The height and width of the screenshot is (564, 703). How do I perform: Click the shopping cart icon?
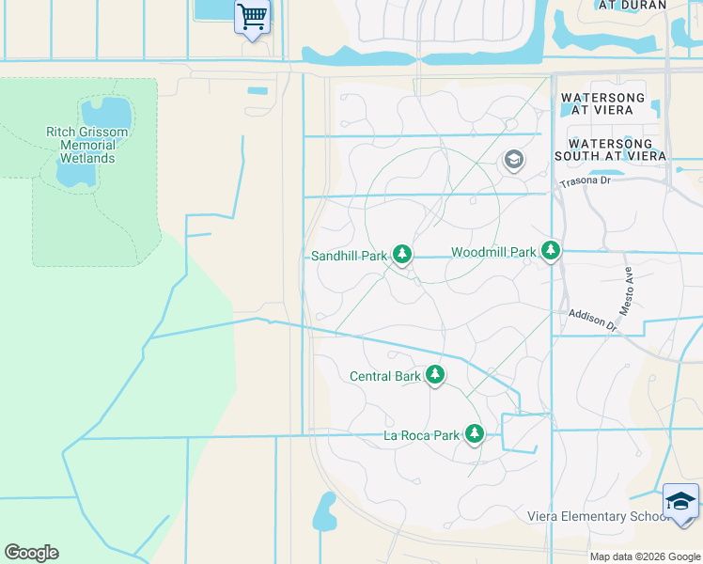[x=252, y=16]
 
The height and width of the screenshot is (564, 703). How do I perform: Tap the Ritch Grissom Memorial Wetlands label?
[x=87, y=146]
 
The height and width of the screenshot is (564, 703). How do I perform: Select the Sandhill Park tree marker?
[x=402, y=255]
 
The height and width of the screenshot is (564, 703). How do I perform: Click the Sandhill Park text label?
[x=349, y=256]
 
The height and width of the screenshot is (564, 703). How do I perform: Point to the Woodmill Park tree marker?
[x=551, y=251]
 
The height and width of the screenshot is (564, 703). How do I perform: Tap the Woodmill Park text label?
[x=493, y=252]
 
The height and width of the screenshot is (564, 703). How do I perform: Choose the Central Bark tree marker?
[x=434, y=375]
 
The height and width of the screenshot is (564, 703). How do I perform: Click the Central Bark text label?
[x=385, y=376]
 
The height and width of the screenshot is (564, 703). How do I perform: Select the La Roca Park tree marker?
[x=475, y=434]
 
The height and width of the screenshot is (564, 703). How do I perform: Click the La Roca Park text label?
[x=422, y=435]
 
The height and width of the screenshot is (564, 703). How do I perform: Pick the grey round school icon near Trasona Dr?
[x=512, y=160]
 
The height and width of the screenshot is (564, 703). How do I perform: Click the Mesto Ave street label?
[x=628, y=290]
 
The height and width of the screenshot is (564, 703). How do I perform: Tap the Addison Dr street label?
[x=591, y=319]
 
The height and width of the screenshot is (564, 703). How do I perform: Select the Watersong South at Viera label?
[x=610, y=149]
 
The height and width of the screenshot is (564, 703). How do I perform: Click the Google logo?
[x=31, y=553]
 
